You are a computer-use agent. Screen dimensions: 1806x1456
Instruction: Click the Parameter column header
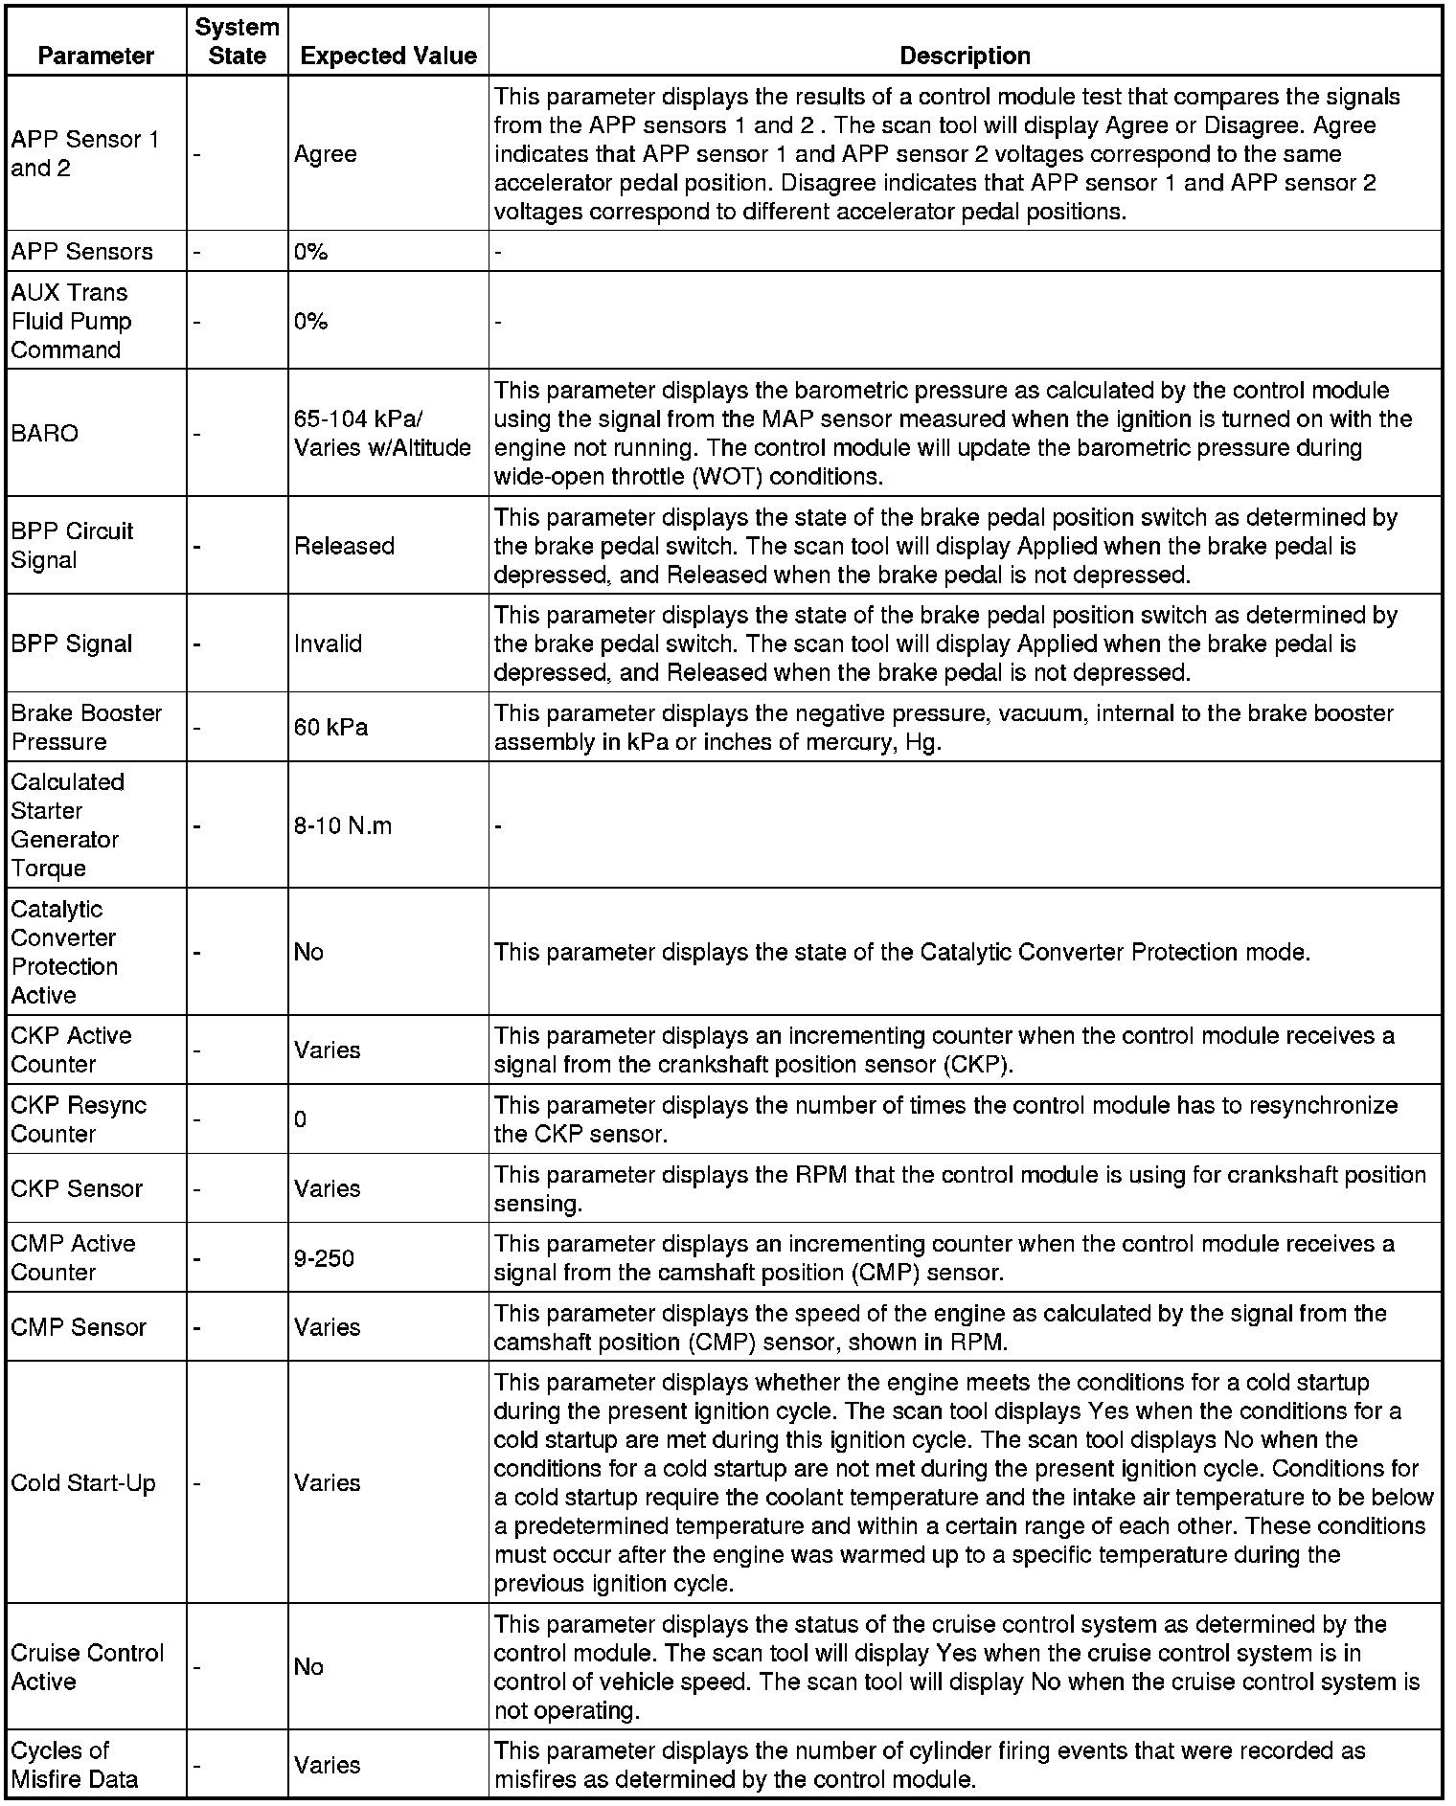[x=96, y=56]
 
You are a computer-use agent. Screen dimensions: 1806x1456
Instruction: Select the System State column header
[x=237, y=41]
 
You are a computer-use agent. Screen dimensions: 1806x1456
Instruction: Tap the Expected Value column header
[x=388, y=56]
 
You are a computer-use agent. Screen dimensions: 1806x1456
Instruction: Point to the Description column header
[x=965, y=56]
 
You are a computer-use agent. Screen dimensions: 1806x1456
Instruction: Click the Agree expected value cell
[x=326, y=154]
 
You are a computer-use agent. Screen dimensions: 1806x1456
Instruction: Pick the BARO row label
[x=45, y=433]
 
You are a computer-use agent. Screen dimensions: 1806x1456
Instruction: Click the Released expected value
[x=344, y=546]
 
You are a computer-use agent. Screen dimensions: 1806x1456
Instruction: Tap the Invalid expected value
[x=328, y=643]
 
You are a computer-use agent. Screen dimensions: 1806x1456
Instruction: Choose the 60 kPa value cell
[x=330, y=727]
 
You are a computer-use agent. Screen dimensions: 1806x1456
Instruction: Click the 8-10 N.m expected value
[x=343, y=825]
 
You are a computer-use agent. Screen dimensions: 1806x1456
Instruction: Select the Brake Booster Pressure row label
[x=86, y=727]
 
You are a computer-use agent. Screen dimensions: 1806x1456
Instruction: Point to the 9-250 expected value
[x=324, y=1257]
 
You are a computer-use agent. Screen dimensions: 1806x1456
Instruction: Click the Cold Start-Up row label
[x=83, y=1482]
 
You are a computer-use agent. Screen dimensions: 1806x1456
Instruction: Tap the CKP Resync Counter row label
[x=79, y=1118]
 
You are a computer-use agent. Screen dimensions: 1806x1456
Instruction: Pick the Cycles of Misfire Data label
[x=75, y=1764]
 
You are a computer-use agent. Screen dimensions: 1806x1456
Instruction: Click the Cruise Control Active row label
[x=87, y=1666]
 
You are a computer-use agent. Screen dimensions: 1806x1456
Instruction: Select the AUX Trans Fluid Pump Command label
[x=71, y=321]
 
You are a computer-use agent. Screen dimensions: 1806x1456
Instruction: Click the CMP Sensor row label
[x=79, y=1327]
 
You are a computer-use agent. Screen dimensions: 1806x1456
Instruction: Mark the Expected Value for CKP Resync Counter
[x=301, y=1118]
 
